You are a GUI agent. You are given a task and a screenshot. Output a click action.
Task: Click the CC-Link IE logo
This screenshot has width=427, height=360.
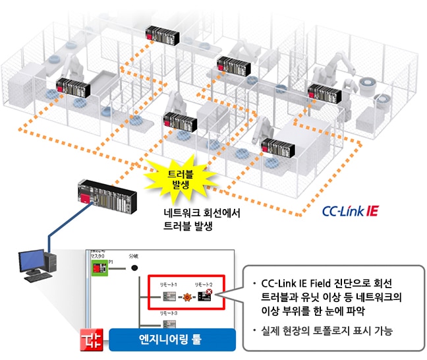coord(350,212)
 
